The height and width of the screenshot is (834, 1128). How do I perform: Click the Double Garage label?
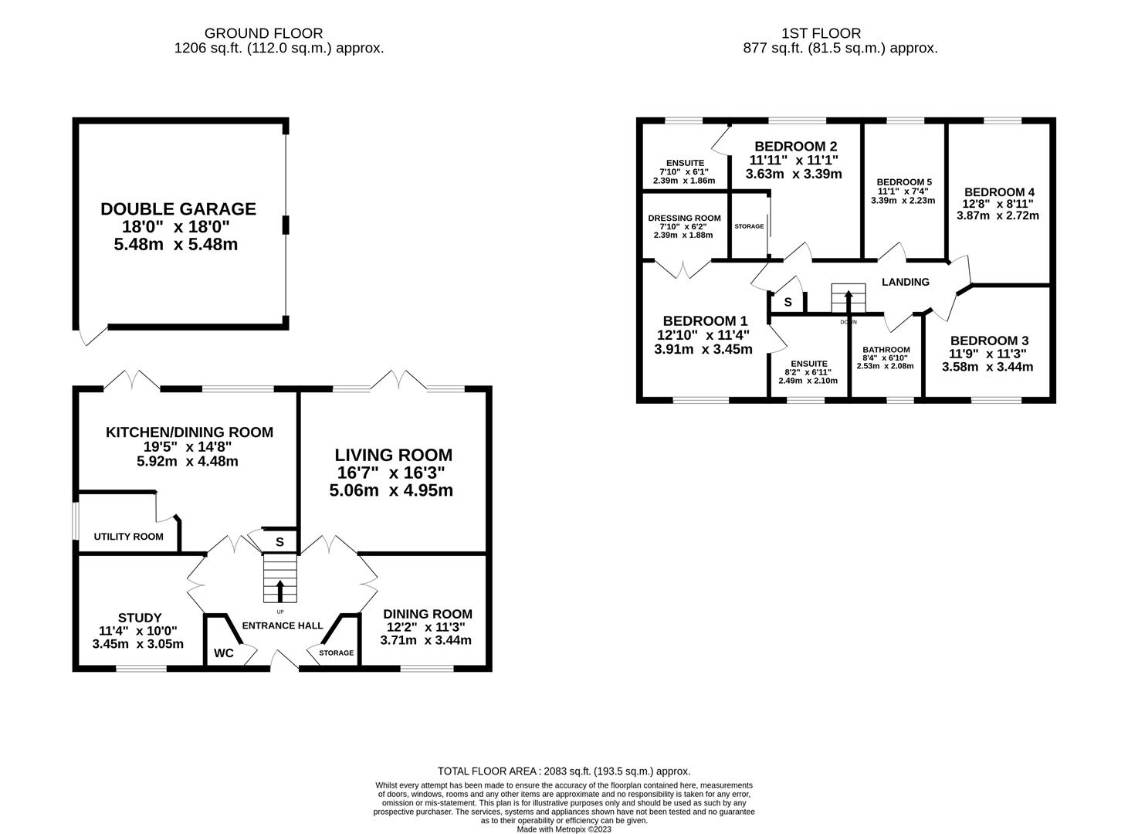[178, 208]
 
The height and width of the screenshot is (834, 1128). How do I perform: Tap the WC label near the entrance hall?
[224, 653]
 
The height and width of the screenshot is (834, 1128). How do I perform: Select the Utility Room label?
[128, 537]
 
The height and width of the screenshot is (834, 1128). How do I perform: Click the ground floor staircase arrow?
[279, 590]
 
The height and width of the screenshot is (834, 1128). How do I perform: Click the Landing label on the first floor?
[906, 282]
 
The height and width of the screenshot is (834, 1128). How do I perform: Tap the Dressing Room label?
[684, 218]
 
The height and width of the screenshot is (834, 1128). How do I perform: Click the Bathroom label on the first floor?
[886, 349]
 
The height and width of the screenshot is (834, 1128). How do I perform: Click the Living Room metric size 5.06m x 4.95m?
[391, 490]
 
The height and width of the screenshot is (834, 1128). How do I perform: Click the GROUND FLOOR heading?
[263, 33]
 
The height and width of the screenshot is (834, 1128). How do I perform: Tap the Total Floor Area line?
[564, 771]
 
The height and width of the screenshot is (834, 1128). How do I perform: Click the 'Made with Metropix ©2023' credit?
[564, 829]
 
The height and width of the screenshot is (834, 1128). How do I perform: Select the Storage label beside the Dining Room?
[337, 653]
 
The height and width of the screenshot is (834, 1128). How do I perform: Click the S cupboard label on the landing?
[788, 302]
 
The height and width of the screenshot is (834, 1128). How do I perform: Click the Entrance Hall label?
[283, 625]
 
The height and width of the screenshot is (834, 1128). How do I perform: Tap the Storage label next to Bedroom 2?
[749, 226]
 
